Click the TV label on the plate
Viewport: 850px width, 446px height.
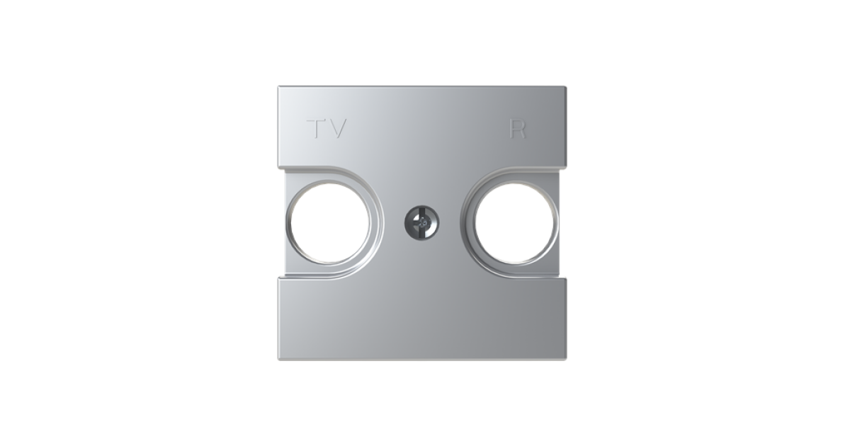click(327, 129)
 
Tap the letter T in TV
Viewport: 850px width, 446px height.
click(316, 129)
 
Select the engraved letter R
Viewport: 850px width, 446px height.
click(518, 129)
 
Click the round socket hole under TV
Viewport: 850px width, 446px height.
click(329, 222)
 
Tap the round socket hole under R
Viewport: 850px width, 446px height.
click(514, 222)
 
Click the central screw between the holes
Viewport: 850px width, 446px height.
click(421, 222)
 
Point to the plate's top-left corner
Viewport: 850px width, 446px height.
click(278, 87)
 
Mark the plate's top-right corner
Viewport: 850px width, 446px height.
click(566, 87)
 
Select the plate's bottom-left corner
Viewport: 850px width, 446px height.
click(278, 360)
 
